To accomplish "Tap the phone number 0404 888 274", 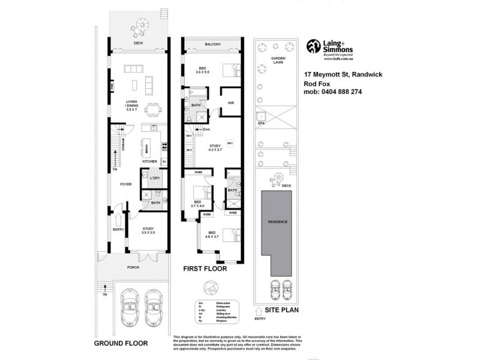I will point(340,92).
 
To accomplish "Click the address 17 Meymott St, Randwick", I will point(341,74).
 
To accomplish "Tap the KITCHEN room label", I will point(149,161).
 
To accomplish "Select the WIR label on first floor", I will point(230,103).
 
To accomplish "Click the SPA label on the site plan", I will point(261,123).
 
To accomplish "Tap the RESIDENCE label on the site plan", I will point(278,222).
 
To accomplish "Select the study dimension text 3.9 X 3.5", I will point(148,232).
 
